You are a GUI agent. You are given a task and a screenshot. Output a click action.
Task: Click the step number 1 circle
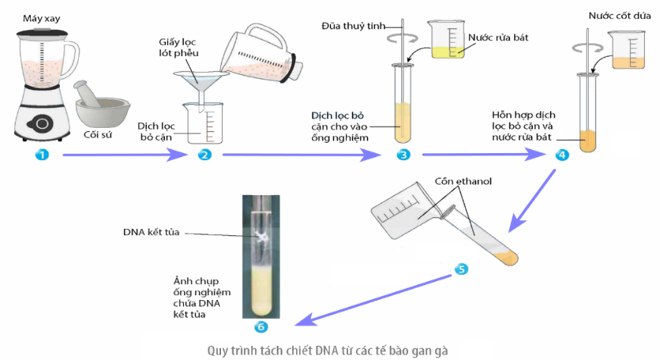(43, 155)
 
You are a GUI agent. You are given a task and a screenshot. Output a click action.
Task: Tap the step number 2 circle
(205, 155)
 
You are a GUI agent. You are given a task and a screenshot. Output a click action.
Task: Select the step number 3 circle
(403, 155)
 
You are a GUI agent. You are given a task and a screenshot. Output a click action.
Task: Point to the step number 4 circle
(561, 155)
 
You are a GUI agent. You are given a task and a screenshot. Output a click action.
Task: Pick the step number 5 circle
(462, 268)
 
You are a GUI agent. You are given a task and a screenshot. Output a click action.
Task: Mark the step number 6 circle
(261, 327)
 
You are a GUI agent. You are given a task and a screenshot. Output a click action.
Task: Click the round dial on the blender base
(39, 123)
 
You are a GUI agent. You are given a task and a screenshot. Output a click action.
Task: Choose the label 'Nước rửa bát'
(497, 37)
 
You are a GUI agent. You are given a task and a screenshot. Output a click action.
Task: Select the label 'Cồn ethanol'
(463, 182)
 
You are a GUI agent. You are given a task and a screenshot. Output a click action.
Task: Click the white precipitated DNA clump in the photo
(262, 234)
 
